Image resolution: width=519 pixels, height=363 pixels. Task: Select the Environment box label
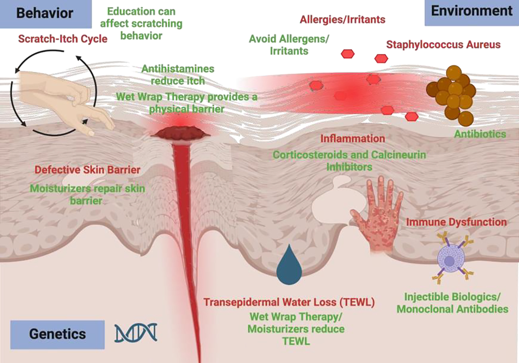tap(471, 11)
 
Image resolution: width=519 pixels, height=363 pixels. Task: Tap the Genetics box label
tap(57, 334)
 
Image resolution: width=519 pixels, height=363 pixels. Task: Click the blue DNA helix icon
tap(136, 332)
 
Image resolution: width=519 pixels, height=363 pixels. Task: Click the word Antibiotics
tap(480, 134)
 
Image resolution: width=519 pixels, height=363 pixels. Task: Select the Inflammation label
tap(353, 139)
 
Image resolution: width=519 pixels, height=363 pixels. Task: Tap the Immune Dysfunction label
tap(456, 222)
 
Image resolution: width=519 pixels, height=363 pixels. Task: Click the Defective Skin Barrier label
tap(87, 170)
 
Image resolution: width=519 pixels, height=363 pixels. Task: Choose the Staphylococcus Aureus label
tap(444, 45)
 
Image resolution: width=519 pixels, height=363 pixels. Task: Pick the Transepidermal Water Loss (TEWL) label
tap(289, 302)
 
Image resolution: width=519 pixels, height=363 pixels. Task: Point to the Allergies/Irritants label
tap(342, 19)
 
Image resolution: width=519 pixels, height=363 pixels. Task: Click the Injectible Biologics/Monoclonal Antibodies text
tap(452, 303)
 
